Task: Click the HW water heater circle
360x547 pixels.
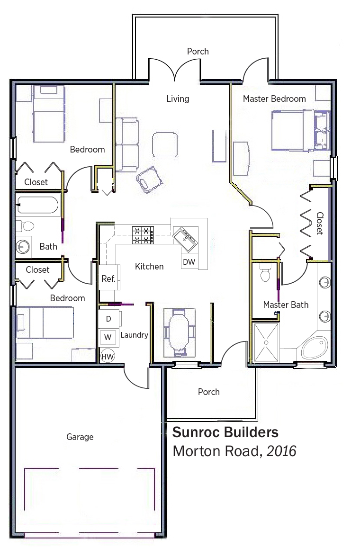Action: click(x=108, y=357)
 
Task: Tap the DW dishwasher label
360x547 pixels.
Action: click(x=189, y=262)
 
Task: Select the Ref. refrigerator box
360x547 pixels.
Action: click(x=109, y=278)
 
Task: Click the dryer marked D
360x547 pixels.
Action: click(x=109, y=319)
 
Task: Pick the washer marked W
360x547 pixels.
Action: click(x=108, y=337)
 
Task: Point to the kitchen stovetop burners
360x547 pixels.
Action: click(x=143, y=235)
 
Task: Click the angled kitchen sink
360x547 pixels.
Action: click(x=186, y=239)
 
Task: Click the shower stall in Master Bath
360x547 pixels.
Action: click(x=267, y=342)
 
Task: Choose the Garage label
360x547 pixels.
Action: click(x=80, y=437)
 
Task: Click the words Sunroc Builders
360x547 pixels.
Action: click(x=225, y=432)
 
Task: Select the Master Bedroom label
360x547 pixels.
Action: click(x=274, y=99)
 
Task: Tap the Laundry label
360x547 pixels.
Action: click(x=135, y=335)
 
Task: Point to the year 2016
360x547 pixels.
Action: click(x=281, y=451)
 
